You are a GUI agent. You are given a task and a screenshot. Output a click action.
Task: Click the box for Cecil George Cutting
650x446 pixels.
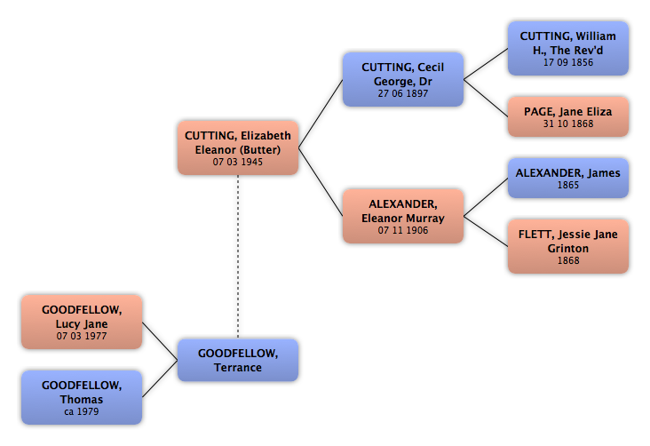(403, 80)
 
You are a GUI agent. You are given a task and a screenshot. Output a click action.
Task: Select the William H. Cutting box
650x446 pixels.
(568, 49)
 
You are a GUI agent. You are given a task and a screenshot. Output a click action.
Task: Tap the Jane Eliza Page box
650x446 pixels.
(568, 116)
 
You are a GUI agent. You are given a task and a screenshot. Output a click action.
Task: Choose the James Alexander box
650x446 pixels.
(568, 178)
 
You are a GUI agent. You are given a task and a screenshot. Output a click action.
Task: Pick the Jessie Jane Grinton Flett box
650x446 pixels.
(568, 246)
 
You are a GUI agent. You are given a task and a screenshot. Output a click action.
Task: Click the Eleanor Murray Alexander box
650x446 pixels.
(403, 216)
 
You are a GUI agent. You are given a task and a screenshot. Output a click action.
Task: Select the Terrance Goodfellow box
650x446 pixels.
(238, 360)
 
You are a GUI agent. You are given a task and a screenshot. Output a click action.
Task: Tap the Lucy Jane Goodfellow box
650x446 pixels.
(82, 322)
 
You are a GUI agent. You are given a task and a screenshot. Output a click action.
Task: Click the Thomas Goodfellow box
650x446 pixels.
(82, 397)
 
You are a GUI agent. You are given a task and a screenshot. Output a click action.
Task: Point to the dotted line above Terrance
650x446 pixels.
(238, 257)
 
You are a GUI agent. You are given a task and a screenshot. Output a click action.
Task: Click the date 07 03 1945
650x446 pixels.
(238, 162)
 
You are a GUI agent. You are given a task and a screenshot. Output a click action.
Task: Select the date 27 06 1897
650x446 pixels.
(403, 93)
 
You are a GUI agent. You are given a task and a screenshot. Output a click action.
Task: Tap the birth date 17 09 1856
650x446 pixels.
(568, 62)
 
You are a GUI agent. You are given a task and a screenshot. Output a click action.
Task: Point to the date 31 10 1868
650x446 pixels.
(568, 123)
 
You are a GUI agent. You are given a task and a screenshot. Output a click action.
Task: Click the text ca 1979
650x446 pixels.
(82, 411)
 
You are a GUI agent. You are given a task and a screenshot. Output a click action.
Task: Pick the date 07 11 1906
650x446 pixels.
(403, 230)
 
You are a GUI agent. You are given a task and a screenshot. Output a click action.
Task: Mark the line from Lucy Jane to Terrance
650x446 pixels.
(160, 341)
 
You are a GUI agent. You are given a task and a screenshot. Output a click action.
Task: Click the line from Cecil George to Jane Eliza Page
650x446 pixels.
(486, 98)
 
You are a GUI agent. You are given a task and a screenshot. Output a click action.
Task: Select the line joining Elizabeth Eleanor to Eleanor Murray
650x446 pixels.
(321, 182)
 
